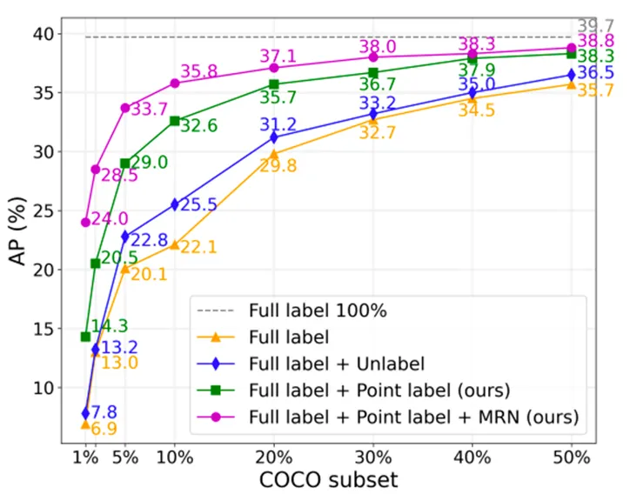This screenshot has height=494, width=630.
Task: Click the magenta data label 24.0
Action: [111, 220]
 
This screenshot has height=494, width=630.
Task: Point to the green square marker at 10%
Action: [174, 121]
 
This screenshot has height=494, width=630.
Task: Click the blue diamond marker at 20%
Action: [274, 137]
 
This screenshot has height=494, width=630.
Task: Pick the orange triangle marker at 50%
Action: [572, 83]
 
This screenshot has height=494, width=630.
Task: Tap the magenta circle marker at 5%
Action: [124, 108]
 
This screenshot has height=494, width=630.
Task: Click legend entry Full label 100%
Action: [318, 309]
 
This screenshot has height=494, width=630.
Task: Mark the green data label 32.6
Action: [198, 126]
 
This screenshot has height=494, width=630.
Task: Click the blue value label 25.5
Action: [198, 205]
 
